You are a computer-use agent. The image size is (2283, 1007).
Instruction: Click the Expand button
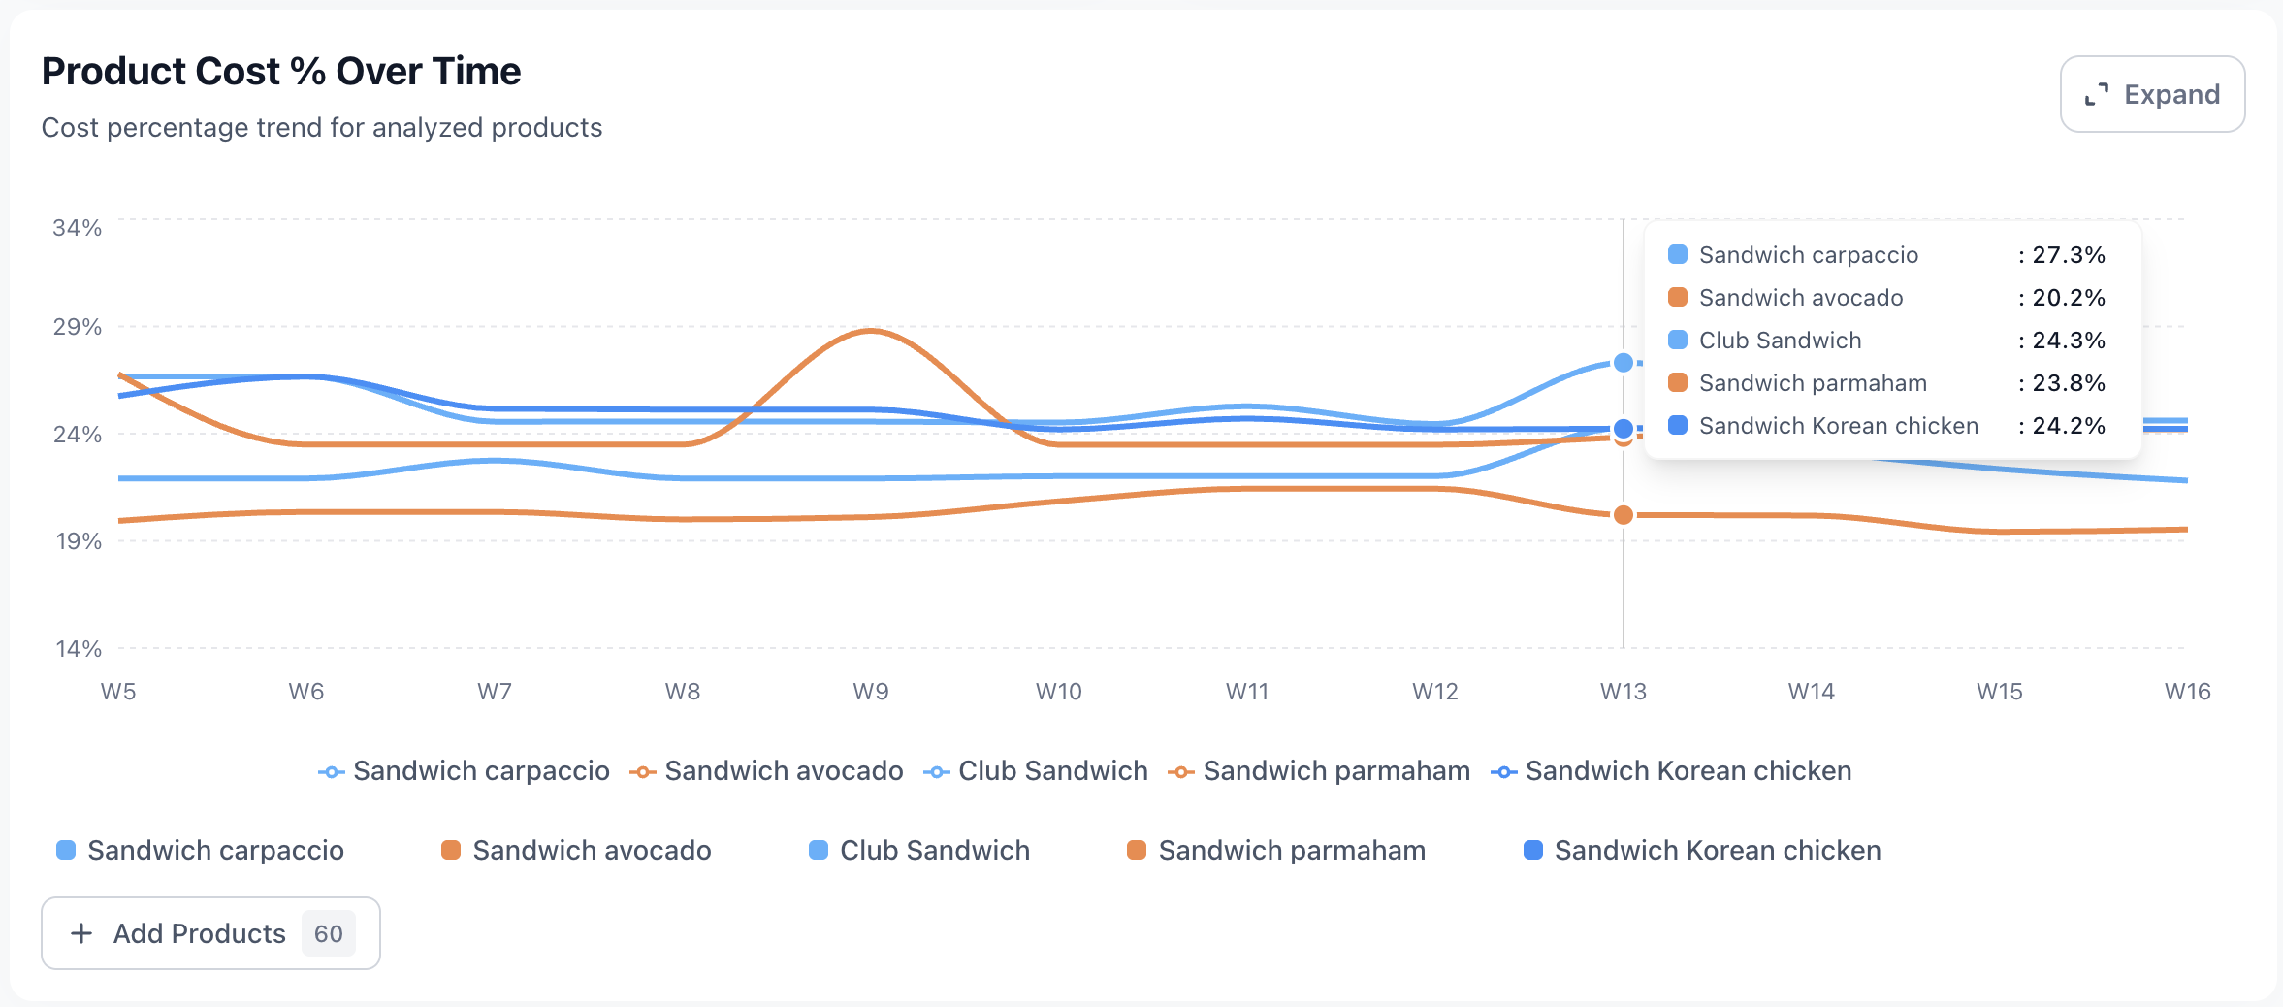(x=2152, y=94)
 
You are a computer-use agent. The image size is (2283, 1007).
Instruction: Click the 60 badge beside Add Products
(x=328, y=933)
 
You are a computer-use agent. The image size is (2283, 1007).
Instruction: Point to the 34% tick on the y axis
(x=77, y=228)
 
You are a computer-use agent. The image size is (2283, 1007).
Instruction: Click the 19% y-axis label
(x=78, y=541)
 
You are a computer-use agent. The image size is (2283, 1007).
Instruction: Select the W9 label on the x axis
(x=870, y=692)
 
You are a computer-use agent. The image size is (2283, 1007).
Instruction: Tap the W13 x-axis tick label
(x=1623, y=692)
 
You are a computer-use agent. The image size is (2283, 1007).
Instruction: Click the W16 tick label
(x=2187, y=692)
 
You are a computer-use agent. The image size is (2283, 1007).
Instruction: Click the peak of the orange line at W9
(x=870, y=331)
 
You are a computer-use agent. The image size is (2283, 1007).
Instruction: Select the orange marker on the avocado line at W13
(x=1623, y=515)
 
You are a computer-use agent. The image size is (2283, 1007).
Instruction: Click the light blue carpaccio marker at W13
(x=1623, y=363)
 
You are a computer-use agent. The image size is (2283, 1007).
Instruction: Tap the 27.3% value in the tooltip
(x=2068, y=255)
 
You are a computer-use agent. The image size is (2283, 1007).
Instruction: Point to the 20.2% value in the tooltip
(x=2068, y=298)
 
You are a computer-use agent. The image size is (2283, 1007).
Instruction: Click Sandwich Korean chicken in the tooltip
(x=1838, y=426)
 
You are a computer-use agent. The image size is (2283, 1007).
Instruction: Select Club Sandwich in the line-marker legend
(x=1052, y=771)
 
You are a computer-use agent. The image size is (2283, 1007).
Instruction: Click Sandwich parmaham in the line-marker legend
(x=1335, y=771)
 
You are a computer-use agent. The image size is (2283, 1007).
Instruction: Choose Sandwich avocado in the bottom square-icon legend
(x=591, y=851)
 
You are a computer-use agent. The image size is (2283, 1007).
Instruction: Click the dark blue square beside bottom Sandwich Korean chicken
(x=1533, y=851)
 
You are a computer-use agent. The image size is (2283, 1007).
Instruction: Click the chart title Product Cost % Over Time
(x=281, y=72)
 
